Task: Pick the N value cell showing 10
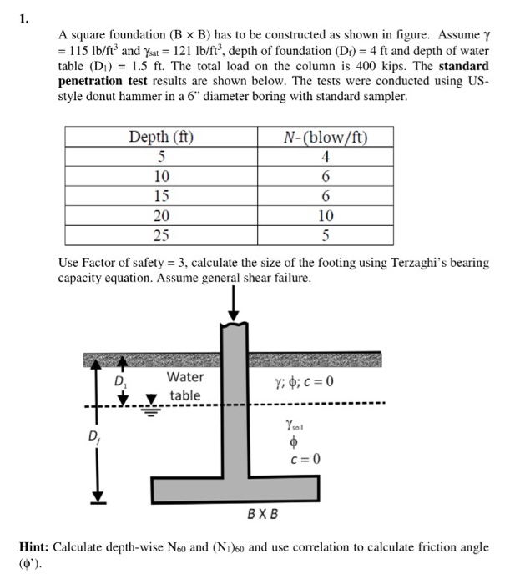326,215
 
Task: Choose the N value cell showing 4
326,157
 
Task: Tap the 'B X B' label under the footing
263,511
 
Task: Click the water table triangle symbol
152,399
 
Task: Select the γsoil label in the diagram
296,426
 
